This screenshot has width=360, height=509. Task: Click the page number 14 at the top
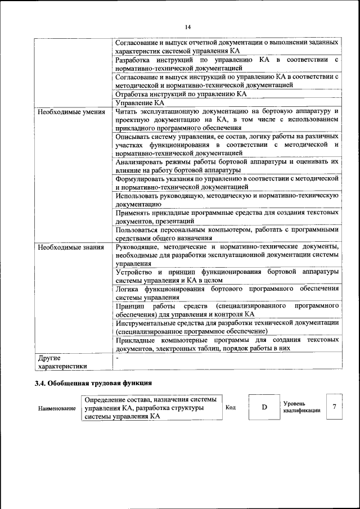pos(187,26)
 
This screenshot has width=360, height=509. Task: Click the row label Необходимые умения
pos(71,111)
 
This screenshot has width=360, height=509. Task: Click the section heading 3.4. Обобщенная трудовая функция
pos(93,384)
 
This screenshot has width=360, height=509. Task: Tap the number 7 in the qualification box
pos(335,407)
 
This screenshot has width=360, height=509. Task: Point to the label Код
pos(230,407)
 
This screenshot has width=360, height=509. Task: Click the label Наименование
pos(57,408)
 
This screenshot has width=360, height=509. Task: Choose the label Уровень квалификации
pos(301,407)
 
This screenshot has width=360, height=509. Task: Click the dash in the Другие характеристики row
pos(117,357)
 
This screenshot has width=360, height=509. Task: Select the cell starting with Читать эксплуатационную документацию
pos(227,120)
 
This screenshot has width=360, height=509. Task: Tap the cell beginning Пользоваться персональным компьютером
pos(227,233)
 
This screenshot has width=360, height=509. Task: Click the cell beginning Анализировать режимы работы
pos(227,165)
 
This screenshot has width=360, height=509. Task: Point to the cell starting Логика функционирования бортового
pos(227,292)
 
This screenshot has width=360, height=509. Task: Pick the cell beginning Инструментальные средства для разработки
pos(227,327)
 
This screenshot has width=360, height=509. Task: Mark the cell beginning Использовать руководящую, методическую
pos(227,200)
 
